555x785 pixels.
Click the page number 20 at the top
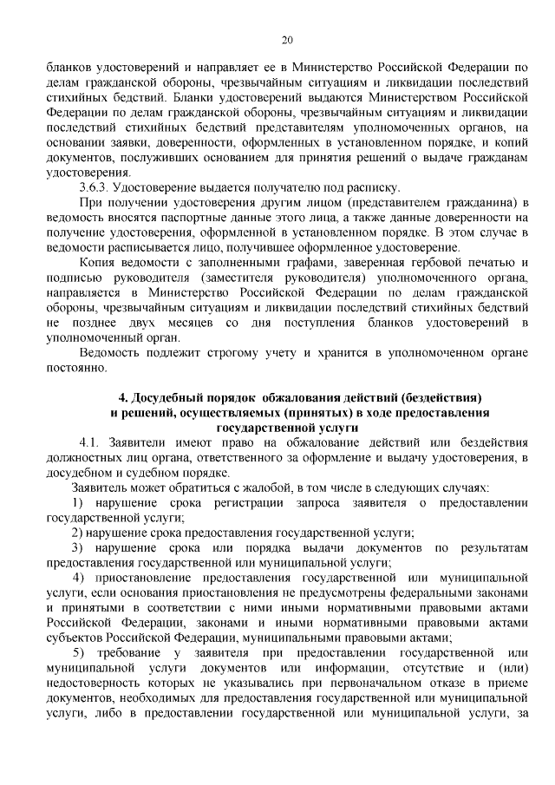coord(287,39)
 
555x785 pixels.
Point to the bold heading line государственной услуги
coord(287,428)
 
